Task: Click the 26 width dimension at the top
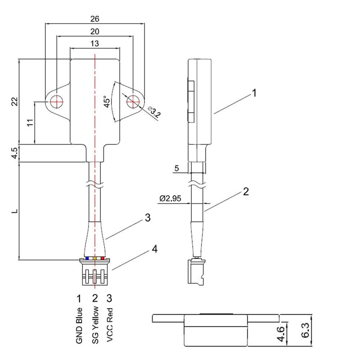pos(95,19)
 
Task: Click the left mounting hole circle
pos(57,101)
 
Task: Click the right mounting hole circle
pos(132,101)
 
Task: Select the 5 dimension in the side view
pos(176,169)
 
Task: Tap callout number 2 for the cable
pos(245,192)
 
